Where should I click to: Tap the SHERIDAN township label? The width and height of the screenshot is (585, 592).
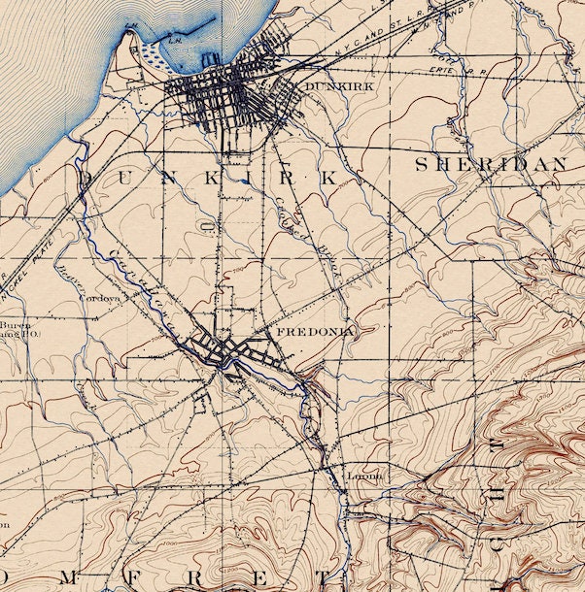click(491, 165)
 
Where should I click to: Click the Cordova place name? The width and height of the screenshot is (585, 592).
click(99, 299)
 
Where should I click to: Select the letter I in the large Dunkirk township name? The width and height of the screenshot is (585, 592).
click(248, 179)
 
